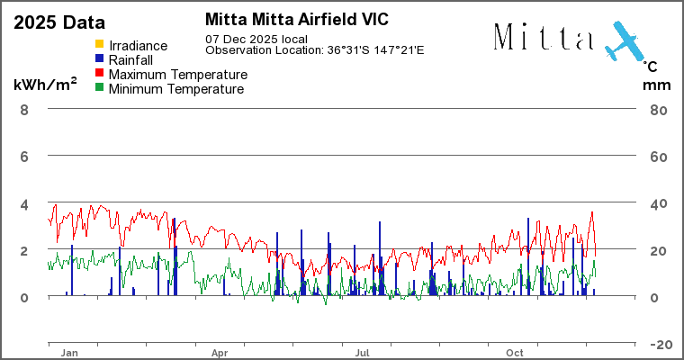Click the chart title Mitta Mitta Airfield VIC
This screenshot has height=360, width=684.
296,19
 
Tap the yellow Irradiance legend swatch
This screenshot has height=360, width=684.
100,45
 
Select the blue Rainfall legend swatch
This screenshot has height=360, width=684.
100,59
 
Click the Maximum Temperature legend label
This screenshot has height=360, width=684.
177,74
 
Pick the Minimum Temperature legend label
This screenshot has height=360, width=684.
176,89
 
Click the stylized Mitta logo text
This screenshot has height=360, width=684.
544,37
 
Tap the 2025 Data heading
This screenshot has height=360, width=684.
58,22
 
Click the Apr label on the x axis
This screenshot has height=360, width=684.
220,354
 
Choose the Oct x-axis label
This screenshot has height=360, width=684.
516,354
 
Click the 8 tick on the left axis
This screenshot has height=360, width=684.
24,110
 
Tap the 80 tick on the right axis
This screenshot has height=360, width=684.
658,110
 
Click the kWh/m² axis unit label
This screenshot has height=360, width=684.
44,85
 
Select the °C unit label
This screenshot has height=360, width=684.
650,66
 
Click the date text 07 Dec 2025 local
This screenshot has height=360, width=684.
256,39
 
